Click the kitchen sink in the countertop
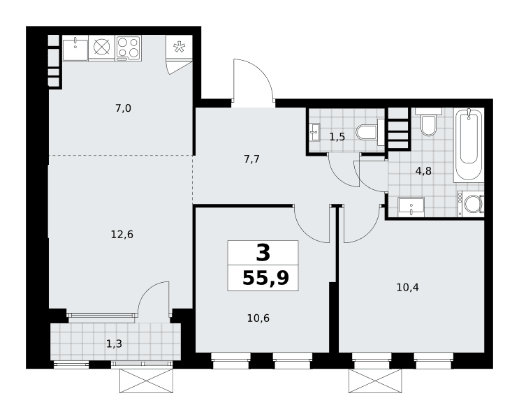[75, 48]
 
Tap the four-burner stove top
[129, 48]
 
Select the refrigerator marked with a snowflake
[179, 47]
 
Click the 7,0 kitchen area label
[124, 108]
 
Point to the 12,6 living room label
[122, 235]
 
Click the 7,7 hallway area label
[251, 159]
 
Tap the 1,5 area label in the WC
[337, 137]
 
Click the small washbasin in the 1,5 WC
[315, 132]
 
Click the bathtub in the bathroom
[469, 145]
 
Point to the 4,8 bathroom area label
[423, 171]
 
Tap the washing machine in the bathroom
[471, 204]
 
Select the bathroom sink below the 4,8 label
[411, 207]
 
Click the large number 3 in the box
[263, 253]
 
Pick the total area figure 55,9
[266, 278]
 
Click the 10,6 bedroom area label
[258, 318]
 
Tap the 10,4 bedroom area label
[408, 287]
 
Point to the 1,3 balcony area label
[114, 344]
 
